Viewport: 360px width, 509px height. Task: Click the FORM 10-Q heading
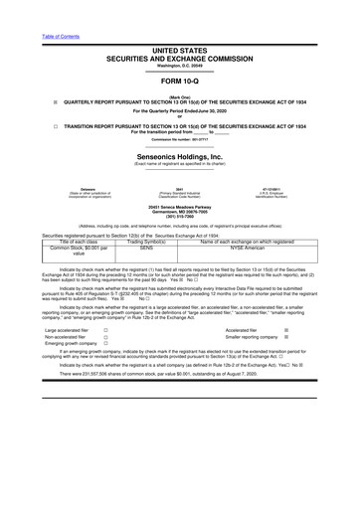[179, 86]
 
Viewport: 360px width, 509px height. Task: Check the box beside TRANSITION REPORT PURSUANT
[41, 127]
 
